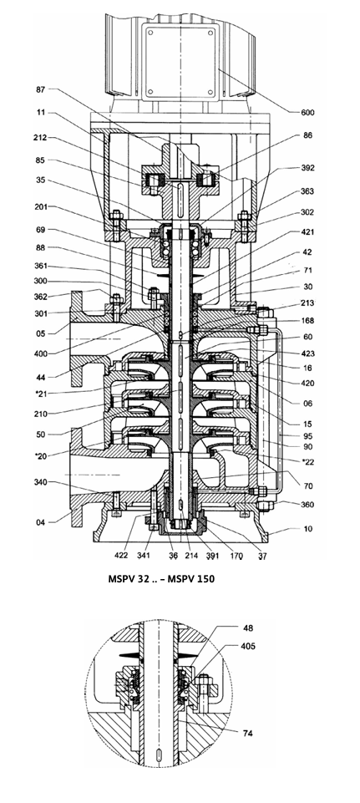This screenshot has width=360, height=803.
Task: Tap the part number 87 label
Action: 40,89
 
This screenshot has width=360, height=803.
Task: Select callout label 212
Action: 40,138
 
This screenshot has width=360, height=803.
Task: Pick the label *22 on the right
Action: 307,462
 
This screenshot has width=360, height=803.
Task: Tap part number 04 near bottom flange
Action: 40,522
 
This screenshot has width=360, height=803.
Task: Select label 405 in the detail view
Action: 248,646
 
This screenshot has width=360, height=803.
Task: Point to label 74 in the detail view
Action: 248,734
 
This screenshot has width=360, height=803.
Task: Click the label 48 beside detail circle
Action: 248,628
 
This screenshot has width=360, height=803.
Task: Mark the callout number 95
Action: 307,436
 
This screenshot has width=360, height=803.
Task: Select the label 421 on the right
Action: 307,232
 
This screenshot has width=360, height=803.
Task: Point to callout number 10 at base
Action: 307,529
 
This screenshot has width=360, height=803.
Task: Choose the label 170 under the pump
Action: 236,555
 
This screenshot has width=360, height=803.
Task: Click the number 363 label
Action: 307,191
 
